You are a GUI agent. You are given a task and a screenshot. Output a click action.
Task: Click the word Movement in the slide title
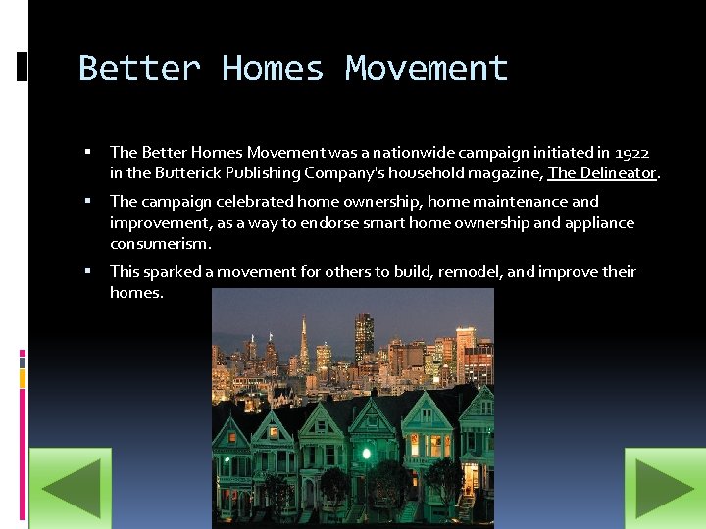click(x=427, y=69)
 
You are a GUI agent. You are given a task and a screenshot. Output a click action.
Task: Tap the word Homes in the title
click(x=273, y=69)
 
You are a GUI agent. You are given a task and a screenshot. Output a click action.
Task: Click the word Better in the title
click(x=139, y=69)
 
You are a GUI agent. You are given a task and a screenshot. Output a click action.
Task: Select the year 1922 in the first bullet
click(x=632, y=152)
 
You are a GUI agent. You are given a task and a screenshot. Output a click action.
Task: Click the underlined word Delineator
click(x=616, y=173)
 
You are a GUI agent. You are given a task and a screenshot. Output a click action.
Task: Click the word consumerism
click(x=160, y=244)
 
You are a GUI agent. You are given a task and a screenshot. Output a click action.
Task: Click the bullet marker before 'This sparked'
click(x=88, y=271)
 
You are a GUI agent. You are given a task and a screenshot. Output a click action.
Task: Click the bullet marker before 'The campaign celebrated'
click(x=88, y=201)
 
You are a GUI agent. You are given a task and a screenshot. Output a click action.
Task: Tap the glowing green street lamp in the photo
click(x=366, y=453)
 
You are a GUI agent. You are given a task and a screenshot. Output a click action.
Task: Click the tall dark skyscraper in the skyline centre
click(x=364, y=337)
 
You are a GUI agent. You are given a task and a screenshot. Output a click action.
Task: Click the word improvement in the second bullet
click(x=158, y=222)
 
